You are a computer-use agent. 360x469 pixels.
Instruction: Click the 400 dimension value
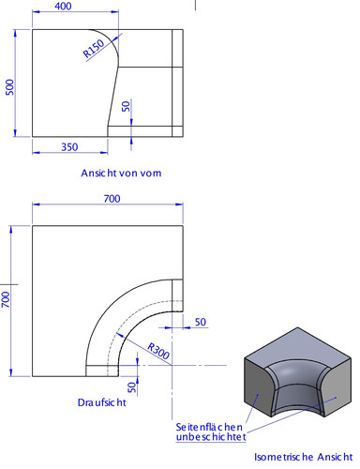[63, 8]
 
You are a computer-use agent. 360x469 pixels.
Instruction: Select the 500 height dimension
[9, 86]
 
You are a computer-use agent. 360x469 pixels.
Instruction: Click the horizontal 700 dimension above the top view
[112, 199]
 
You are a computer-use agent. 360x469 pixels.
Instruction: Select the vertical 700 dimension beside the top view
[6, 300]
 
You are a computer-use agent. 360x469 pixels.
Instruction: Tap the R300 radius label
[157, 351]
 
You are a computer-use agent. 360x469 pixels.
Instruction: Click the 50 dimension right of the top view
[200, 323]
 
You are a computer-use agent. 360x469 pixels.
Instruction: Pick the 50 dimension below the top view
[132, 385]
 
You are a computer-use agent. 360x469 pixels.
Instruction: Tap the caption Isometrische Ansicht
[303, 460]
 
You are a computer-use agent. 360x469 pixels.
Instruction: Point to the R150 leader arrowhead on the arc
[120, 37]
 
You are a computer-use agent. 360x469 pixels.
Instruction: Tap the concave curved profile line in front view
[114, 84]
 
